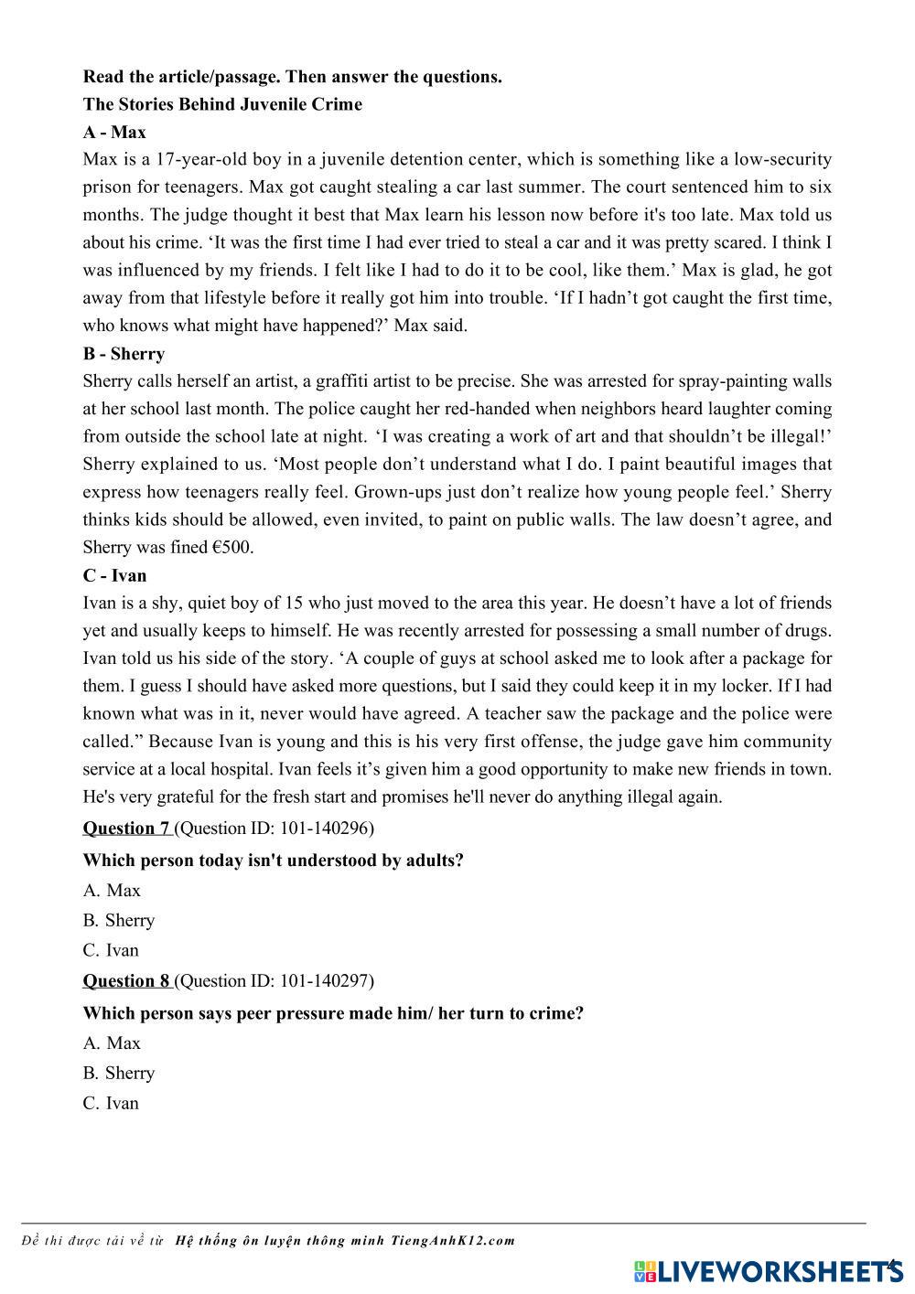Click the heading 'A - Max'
click(114, 132)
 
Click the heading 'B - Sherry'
click(124, 354)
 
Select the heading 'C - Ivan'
click(114, 575)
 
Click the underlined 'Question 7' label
click(126, 829)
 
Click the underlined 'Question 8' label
click(126, 981)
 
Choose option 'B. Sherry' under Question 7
click(119, 920)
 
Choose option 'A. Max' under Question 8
click(112, 1043)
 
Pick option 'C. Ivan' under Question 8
click(111, 1103)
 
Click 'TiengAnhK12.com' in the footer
click(453, 1241)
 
